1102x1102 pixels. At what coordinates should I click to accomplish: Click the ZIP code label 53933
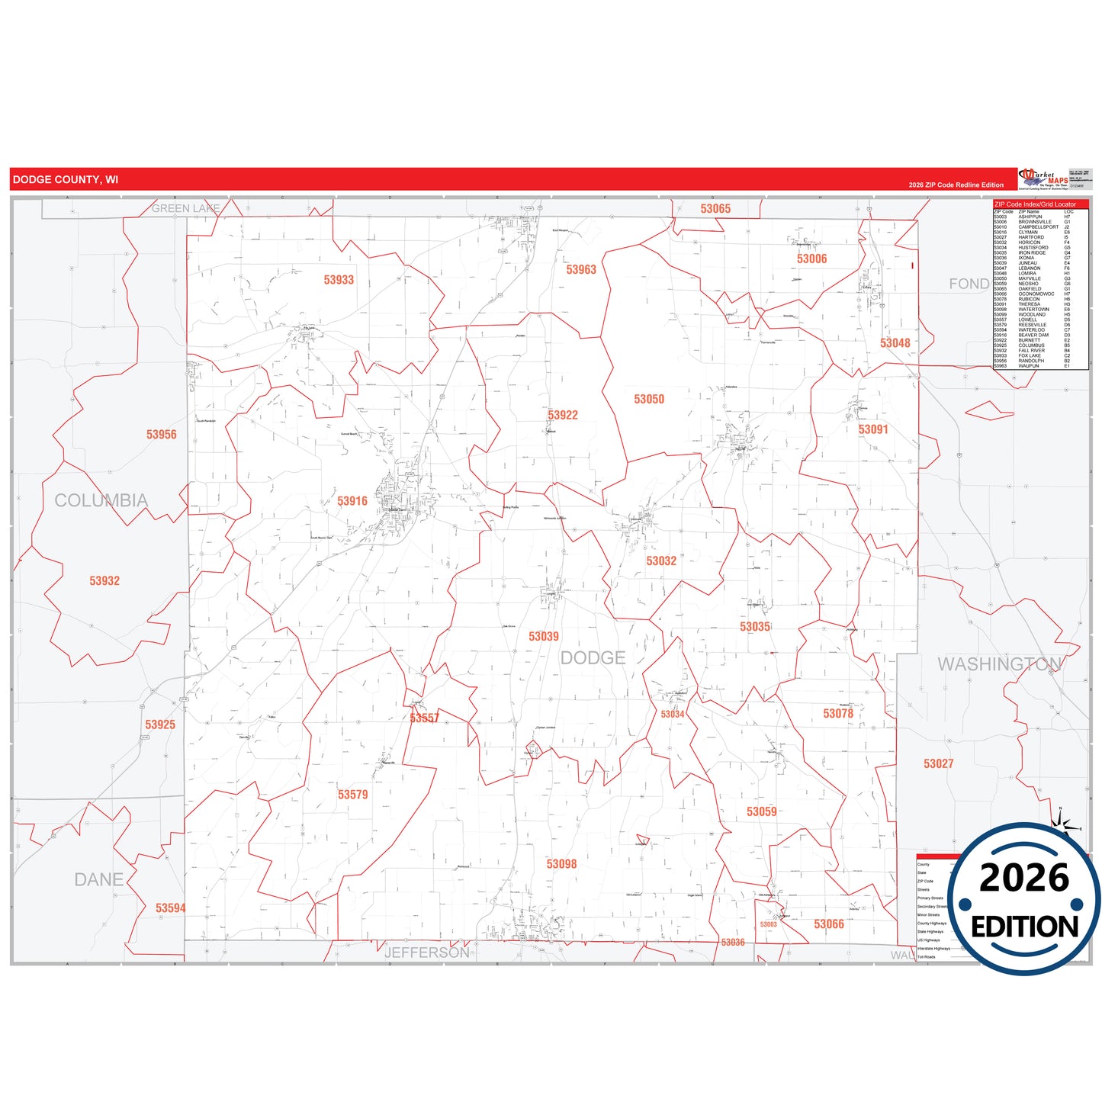[339, 280]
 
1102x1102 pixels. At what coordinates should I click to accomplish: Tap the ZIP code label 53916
[352, 501]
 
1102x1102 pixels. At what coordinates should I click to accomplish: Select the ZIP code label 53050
[649, 399]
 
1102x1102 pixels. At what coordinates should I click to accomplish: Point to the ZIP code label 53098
[561, 864]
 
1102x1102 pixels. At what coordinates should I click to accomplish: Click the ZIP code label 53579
[353, 795]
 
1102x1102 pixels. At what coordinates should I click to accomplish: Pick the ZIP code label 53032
[661, 561]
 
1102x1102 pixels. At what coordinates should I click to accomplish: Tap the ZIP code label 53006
[811, 259]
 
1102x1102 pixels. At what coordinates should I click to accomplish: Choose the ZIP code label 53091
[873, 429]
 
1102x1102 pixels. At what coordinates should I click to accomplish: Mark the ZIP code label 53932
[104, 580]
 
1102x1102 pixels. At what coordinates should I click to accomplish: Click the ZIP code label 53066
[829, 924]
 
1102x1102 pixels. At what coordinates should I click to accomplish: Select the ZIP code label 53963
[581, 269]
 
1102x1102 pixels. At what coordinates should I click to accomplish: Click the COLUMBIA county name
[101, 500]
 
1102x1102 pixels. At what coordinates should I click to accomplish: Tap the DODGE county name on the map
[593, 657]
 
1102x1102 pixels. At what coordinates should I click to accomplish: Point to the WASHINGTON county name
[1000, 663]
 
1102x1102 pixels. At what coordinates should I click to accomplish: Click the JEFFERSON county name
[427, 953]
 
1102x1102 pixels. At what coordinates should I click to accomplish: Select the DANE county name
[99, 879]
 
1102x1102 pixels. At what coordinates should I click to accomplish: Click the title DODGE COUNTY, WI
[66, 179]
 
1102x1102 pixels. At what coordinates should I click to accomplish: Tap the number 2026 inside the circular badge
[1024, 878]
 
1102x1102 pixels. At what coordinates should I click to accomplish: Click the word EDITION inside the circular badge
[1024, 927]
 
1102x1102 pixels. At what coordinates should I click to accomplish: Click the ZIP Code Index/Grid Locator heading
[1035, 204]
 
